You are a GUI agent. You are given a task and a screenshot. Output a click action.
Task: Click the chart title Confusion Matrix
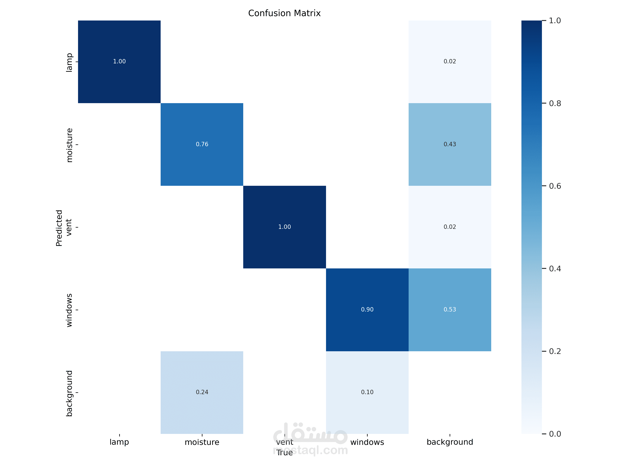coord(284,13)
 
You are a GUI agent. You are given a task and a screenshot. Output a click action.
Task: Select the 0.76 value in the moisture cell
coord(202,144)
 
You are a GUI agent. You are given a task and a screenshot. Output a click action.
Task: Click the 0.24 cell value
coord(202,392)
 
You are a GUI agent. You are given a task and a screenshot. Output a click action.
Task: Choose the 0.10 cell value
coord(367,392)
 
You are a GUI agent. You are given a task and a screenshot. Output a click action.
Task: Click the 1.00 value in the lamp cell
coord(119,61)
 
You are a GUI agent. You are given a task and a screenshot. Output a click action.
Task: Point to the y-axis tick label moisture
coord(69,145)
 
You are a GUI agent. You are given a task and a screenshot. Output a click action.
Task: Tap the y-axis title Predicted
coord(59,228)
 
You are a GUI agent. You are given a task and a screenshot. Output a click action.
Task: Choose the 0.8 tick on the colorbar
coord(555,103)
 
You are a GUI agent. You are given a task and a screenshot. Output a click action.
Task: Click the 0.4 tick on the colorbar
coord(555,269)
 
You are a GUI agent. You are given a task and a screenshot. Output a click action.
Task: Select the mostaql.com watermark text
coord(310,450)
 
